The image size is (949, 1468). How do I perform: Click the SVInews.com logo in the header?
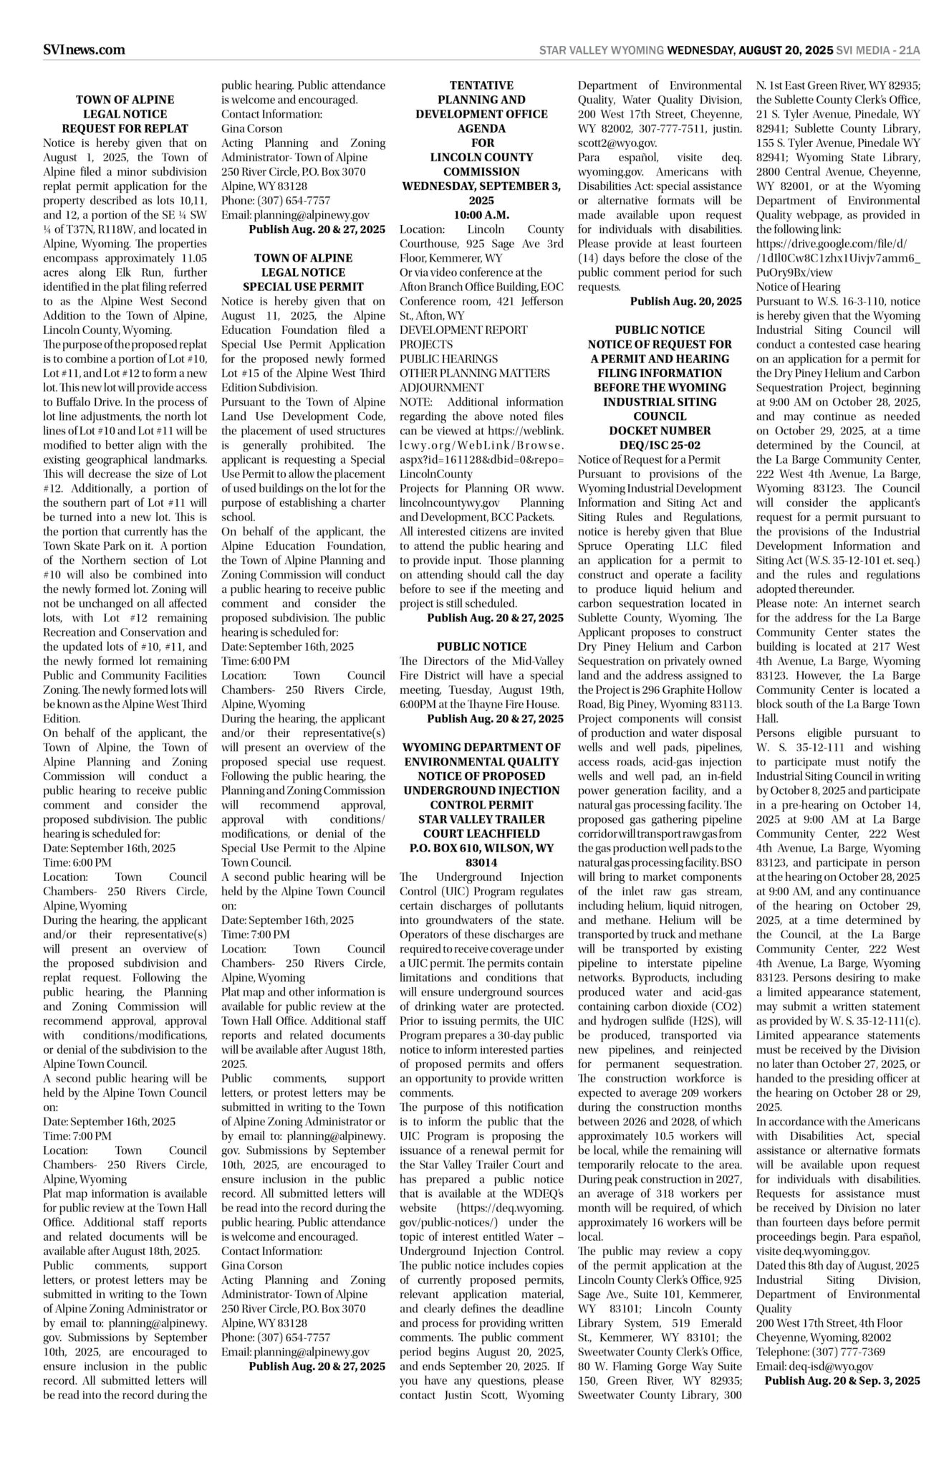pos(84,49)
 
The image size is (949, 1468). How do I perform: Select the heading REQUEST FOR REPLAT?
pos(125,129)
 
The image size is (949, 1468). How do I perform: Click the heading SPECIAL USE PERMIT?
pos(303,287)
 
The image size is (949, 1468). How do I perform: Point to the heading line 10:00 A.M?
pos(481,215)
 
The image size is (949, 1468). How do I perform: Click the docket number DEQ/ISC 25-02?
pos(660,445)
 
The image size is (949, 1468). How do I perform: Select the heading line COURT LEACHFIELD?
pos(481,834)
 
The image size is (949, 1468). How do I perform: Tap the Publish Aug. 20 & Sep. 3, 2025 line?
pos(842,1380)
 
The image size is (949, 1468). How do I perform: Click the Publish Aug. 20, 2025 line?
pos(685,302)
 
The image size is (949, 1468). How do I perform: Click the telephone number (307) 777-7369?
pos(851,1352)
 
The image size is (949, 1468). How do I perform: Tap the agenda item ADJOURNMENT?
pos(441,388)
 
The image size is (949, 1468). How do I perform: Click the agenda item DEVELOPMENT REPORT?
pos(463,330)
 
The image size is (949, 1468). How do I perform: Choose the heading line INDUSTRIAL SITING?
pos(660,402)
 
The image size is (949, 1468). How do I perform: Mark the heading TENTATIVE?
pos(481,85)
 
